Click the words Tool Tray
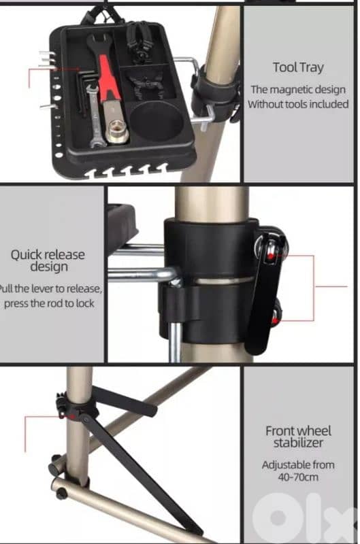(298, 67)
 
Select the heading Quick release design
(48, 260)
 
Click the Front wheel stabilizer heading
(298, 437)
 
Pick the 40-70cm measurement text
(298, 477)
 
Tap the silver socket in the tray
(116, 133)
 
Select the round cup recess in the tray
(157, 121)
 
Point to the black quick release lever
(266, 291)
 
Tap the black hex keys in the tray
(84, 92)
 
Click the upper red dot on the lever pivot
(270, 257)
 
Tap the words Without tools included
(298, 104)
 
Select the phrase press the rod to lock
(49, 303)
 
